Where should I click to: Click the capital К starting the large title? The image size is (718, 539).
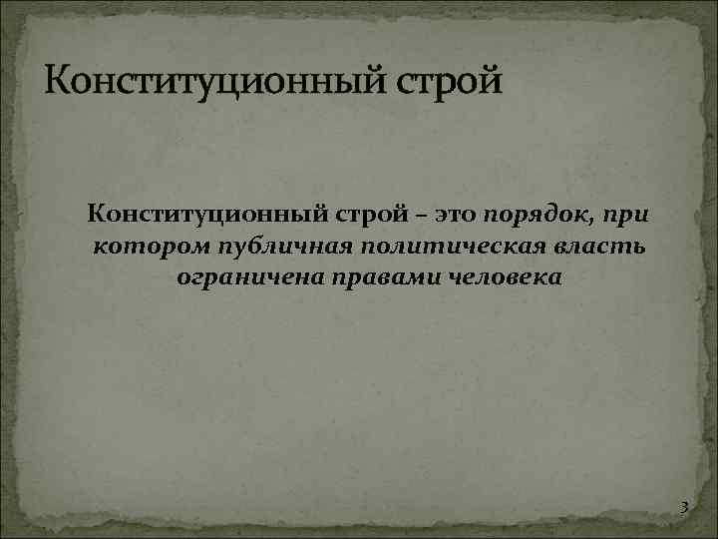tap(57, 78)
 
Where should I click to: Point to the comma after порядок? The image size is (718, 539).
tap(591, 221)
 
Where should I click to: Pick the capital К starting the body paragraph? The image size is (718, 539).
tap(95, 213)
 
